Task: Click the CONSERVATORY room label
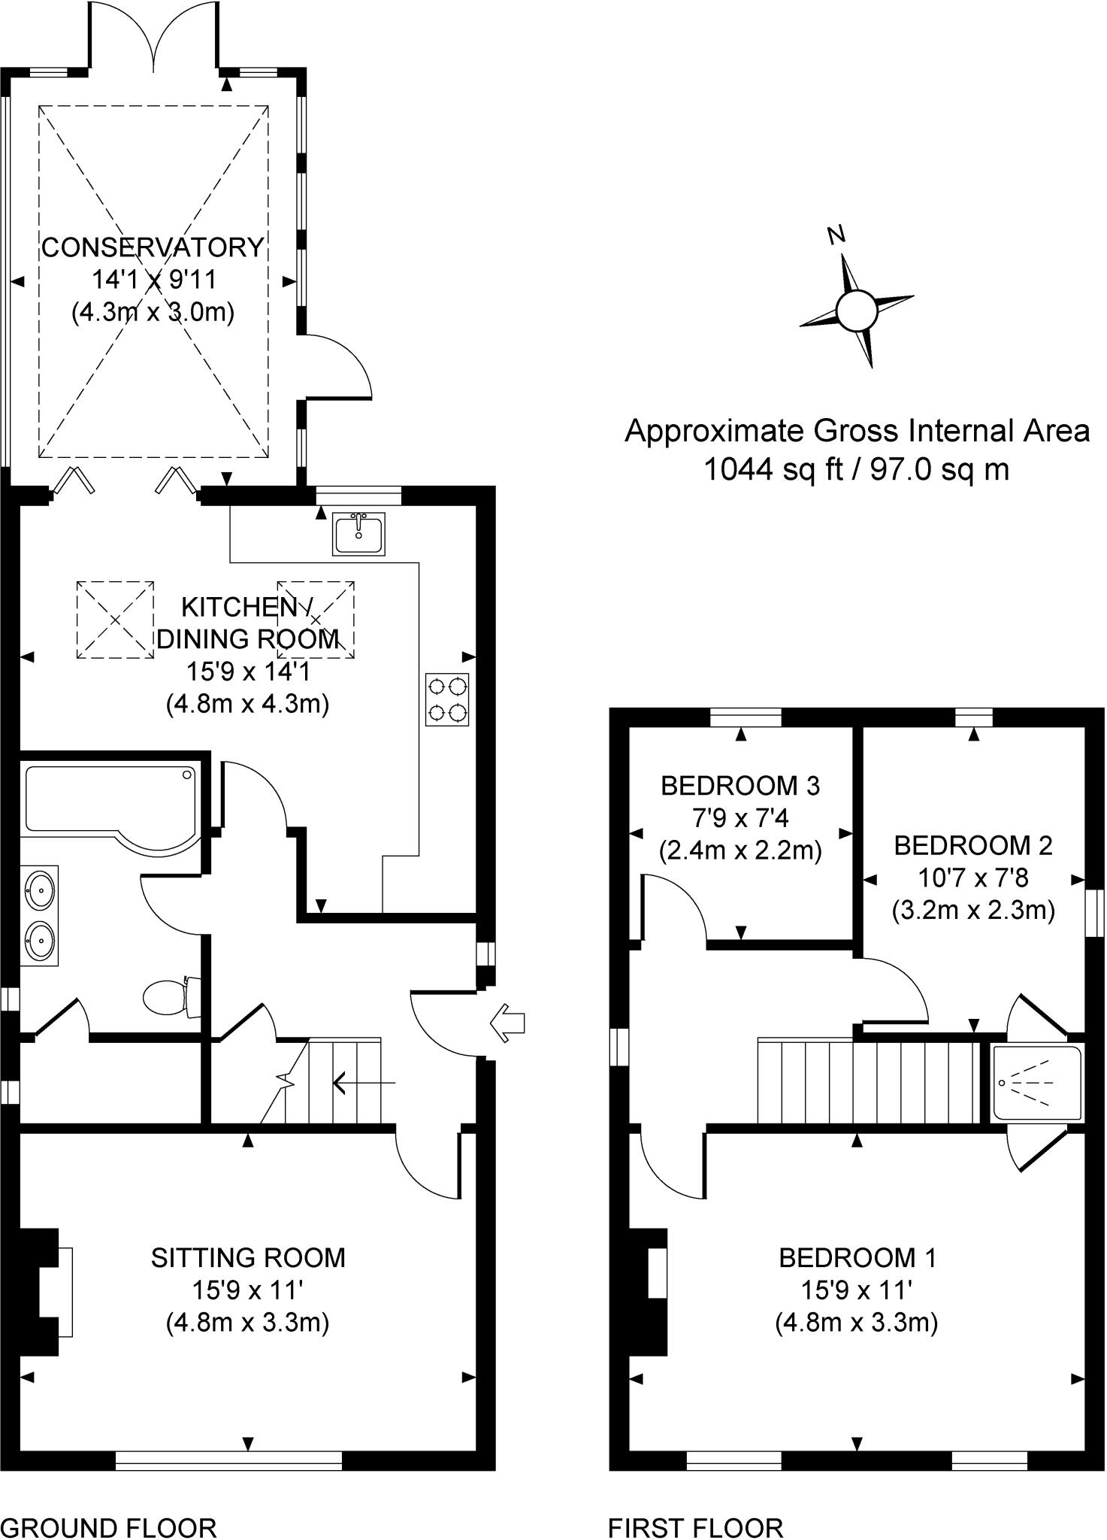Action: (x=153, y=247)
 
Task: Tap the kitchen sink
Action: (x=358, y=533)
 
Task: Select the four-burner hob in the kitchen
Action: (x=447, y=699)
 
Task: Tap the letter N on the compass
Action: (x=836, y=235)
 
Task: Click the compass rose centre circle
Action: (x=856, y=311)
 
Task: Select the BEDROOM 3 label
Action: (x=740, y=786)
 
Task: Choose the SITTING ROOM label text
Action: (x=248, y=1258)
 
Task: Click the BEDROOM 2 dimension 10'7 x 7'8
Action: (x=973, y=878)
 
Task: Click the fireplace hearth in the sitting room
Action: (x=65, y=1292)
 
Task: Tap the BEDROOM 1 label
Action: (x=857, y=1258)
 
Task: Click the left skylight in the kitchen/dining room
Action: (x=115, y=620)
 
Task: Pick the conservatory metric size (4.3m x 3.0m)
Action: (x=153, y=311)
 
